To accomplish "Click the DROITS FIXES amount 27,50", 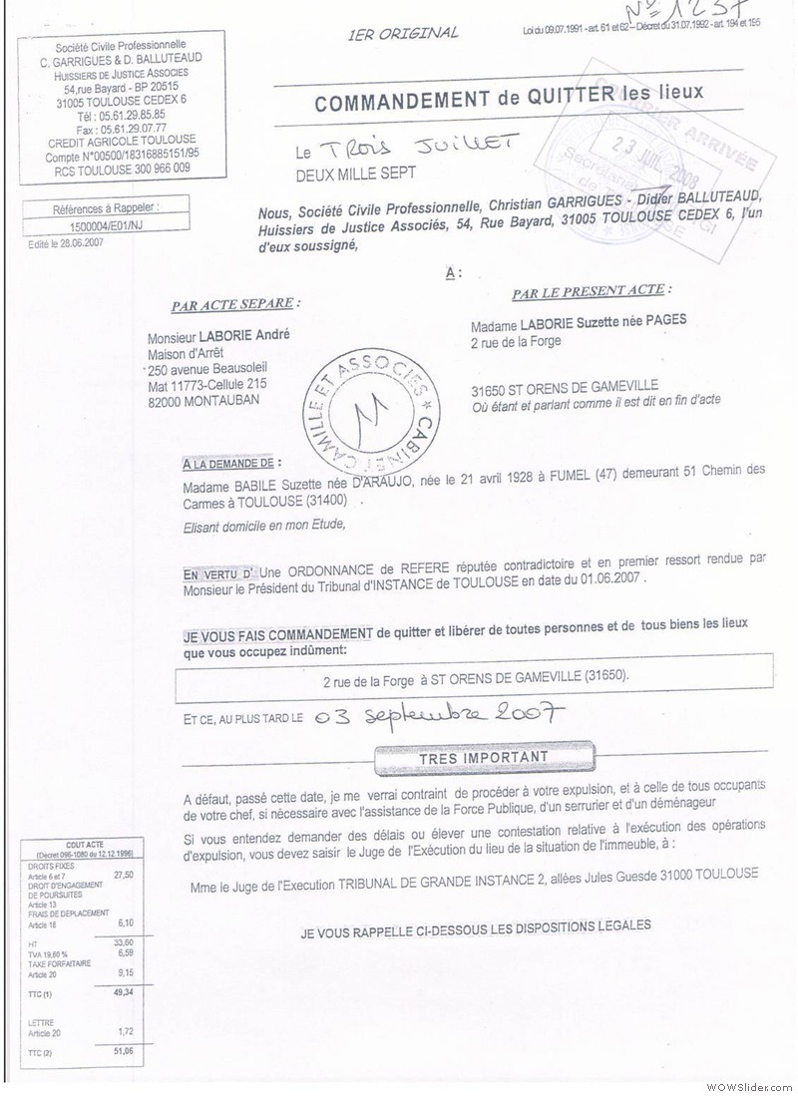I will [125, 875].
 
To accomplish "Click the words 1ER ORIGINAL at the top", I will [403, 33].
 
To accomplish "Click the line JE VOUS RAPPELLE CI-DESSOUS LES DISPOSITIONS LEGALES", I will [476, 924].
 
